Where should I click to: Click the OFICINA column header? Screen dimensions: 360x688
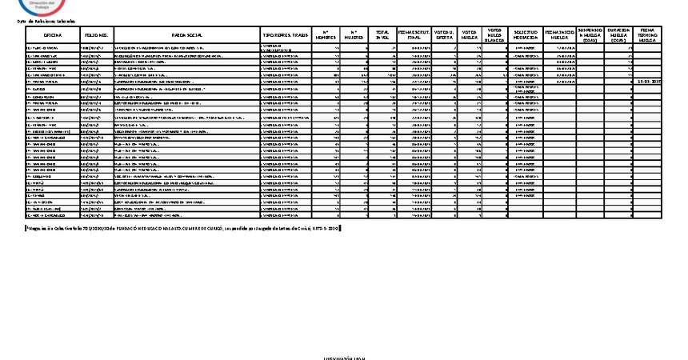[53, 36]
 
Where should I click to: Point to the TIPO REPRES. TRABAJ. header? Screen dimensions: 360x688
[284, 36]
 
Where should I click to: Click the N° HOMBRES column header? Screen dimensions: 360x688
[326, 36]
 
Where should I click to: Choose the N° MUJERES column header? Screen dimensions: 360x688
[354, 36]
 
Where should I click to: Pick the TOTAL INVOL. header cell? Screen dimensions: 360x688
[383, 36]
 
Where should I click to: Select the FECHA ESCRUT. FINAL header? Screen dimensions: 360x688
[414, 36]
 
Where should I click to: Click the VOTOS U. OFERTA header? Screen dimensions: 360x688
[444, 36]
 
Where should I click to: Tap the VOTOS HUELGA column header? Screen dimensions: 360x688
[472, 36]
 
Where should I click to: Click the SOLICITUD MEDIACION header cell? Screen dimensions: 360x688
[526, 36]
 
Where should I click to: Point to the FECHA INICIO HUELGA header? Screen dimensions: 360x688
[559, 36]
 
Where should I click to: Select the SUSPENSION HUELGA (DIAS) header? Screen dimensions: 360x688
[590, 36]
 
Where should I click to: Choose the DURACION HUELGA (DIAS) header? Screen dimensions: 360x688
[618, 36]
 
